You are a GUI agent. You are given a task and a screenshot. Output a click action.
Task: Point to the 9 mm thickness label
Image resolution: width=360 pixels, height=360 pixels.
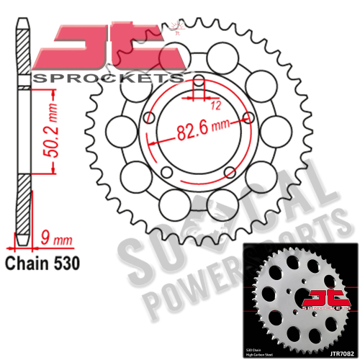click(x=56, y=235)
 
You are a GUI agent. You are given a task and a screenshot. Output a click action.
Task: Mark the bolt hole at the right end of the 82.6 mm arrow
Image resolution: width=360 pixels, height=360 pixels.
click(x=249, y=118)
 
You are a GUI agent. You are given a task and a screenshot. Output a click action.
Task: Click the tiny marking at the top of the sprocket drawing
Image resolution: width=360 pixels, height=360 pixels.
click(x=177, y=32)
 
